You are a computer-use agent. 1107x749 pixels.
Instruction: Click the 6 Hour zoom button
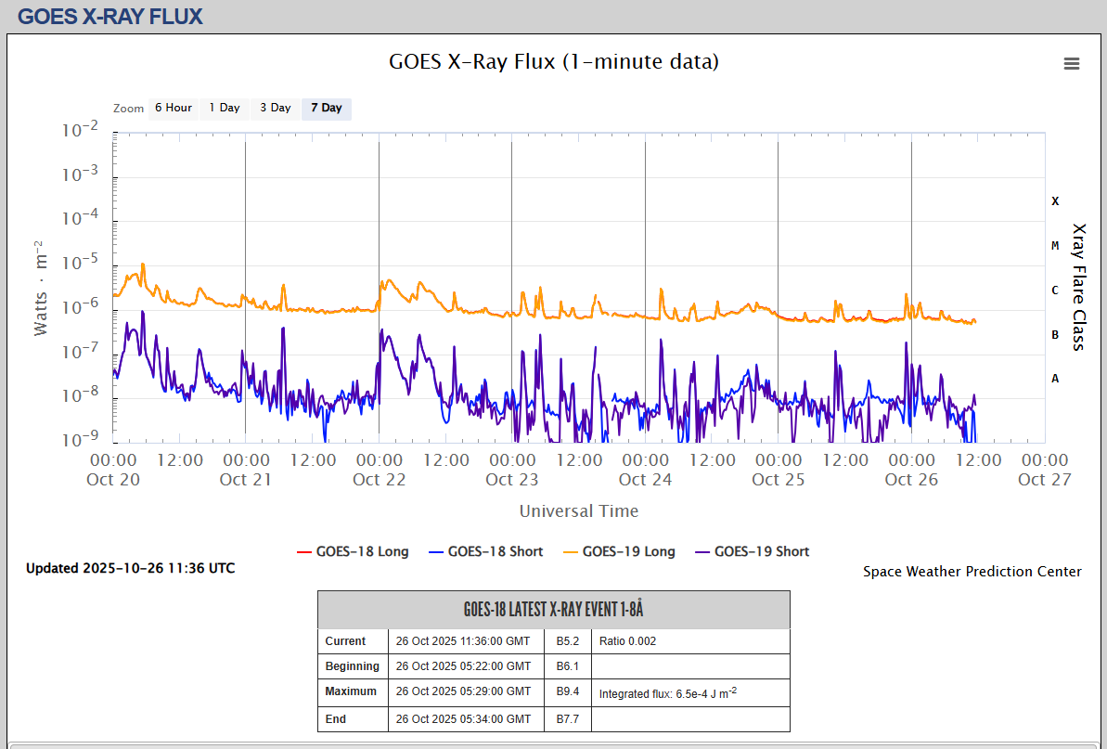174,109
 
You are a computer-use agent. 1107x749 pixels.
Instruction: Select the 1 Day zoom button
225,109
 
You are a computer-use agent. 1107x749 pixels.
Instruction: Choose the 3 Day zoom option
276,109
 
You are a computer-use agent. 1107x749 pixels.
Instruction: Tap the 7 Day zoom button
327,109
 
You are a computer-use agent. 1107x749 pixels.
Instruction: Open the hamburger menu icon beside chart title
1072,63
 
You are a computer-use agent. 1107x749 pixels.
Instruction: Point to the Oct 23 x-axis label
512,480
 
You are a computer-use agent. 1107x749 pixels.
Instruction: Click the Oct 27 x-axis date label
1045,480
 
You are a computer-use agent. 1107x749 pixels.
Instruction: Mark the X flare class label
1055,200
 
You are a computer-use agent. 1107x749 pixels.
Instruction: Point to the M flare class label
1055,245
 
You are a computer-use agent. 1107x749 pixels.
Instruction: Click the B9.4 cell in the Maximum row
568,691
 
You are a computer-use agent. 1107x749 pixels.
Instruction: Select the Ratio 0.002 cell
628,641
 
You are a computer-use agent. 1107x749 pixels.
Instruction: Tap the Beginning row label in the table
352,666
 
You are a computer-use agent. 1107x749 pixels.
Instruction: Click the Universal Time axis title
579,511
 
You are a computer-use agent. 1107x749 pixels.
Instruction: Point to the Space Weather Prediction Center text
972,572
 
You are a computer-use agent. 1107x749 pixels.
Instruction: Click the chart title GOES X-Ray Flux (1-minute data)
553,62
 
